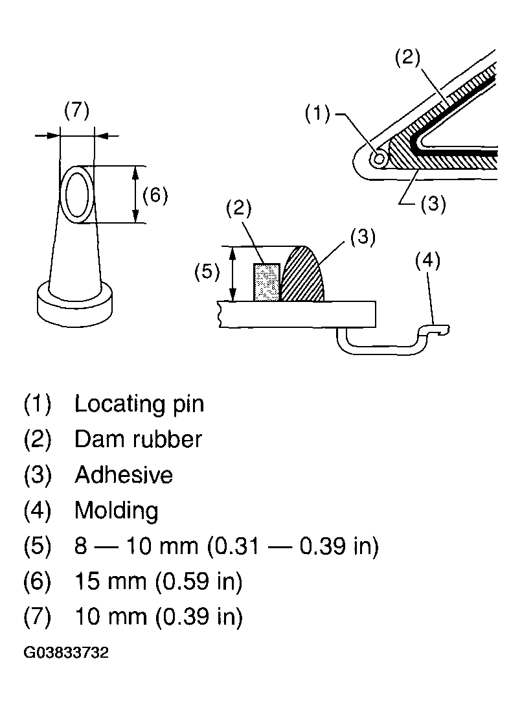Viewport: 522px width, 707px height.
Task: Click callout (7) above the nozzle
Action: coord(76,111)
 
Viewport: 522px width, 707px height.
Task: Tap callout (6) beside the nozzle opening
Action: coord(155,195)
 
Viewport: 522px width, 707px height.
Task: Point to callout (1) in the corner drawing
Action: coord(317,115)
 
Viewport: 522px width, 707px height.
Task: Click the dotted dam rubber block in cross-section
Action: coord(266,282)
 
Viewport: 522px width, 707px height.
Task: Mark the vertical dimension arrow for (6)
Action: coord(135,194)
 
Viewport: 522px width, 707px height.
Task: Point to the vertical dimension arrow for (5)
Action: coord(233,273)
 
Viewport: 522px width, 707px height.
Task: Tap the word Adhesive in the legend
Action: coord(124,475)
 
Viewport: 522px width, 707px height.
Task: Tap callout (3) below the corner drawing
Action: coord(433,204)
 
